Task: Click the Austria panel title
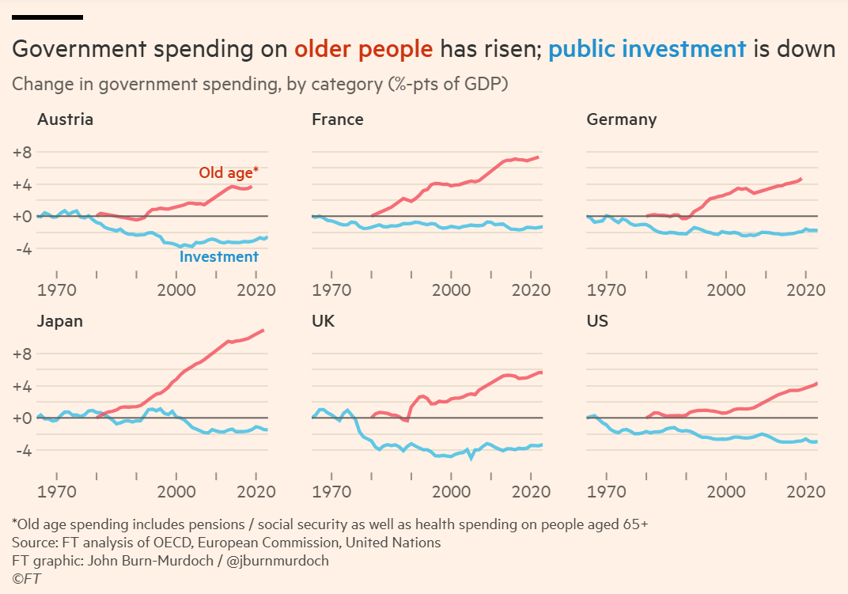tap(65, 119)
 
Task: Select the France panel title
tap(338, 119)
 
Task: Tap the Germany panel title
tap(622, 119)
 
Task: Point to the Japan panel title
tap(60, 321)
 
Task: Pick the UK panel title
tap(323, 321)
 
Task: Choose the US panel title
tap(598, 321)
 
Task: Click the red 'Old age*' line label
tap(229, 172)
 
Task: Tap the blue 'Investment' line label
tap(219, 256)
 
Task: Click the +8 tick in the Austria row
tap(21, 153)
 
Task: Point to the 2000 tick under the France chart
tap(452, 290)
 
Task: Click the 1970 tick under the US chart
tap(607, 492)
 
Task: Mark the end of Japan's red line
tap(263, 330)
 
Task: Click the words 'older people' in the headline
tap(363, 49)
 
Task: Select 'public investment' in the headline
tap(647, 49)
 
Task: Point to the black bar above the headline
tap(47, 17)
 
